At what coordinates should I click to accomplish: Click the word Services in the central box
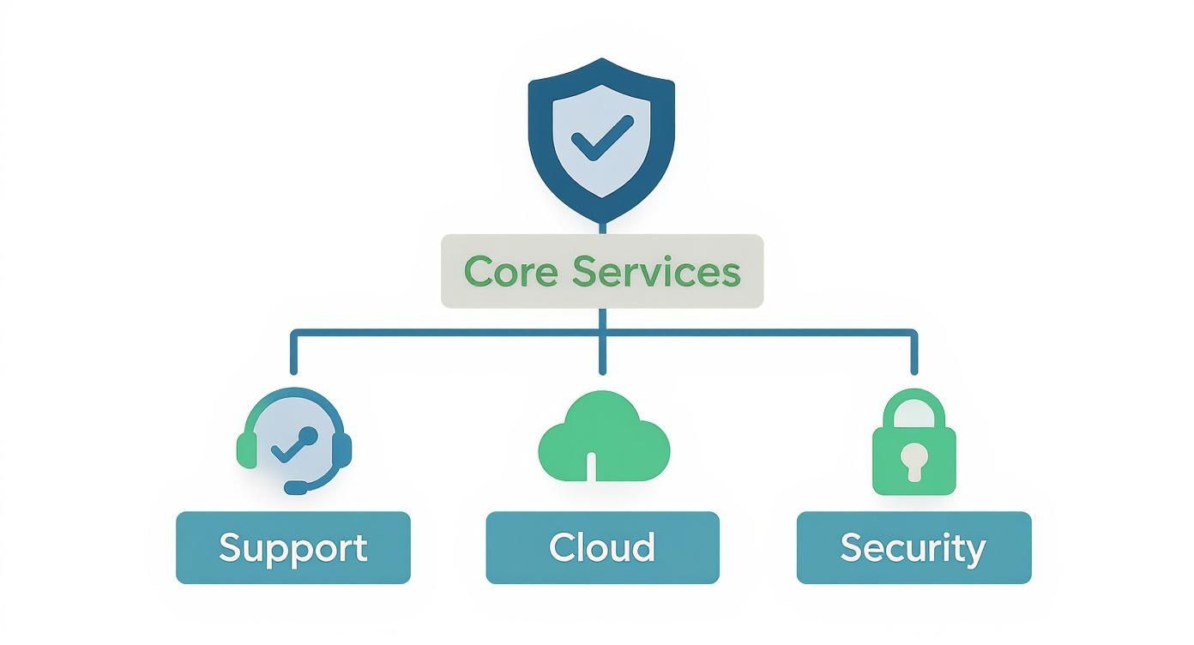pos(655,272)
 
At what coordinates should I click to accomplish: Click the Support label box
pos(293,547)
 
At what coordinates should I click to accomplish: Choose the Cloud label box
pos(602,547)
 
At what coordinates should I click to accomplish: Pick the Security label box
pos(914,547)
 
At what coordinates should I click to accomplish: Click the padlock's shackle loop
pos(914,407)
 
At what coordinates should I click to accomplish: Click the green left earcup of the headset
pos(246,449)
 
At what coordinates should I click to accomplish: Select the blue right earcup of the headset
pos(343,449)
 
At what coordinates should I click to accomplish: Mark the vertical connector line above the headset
pos(293,353)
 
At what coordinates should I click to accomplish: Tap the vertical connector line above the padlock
pos(914,353)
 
